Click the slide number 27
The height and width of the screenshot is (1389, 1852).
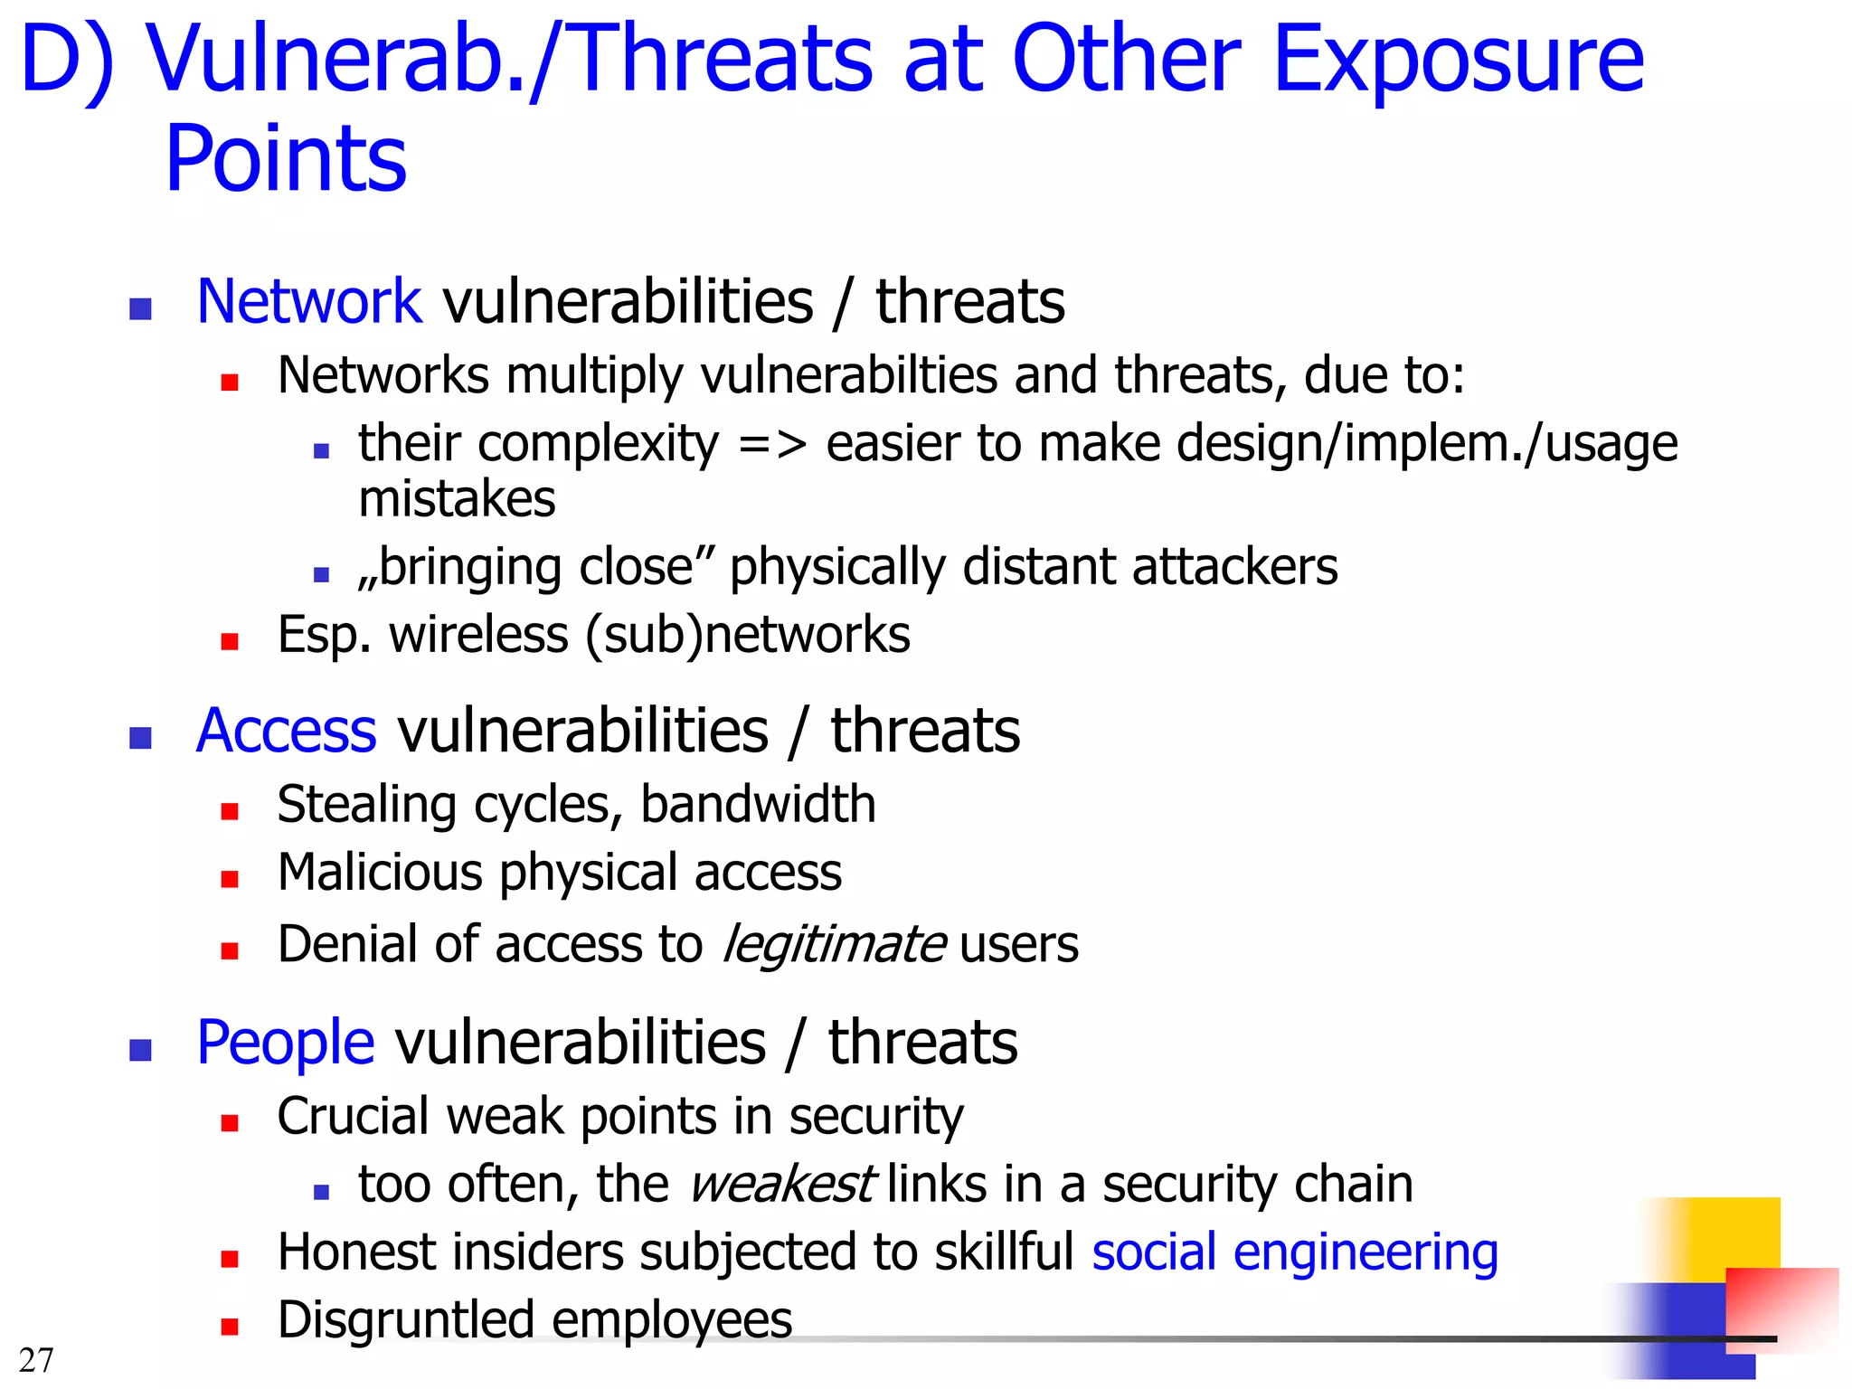[x=36, y=1359]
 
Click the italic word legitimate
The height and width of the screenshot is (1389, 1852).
[x=834, y=945]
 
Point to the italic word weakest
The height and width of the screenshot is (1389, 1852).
[x=781, y=1185]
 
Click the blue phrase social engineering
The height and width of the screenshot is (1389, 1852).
[x=1294, y=1252]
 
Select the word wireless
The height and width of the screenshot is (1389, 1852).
[x=478, y=635]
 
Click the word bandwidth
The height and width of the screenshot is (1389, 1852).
[x=758, y=804]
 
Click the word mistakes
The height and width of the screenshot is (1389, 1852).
[x=457, y=499]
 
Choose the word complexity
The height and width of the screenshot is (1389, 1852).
[x=598, y=443]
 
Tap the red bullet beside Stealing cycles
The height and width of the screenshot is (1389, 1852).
[x=230, y=810]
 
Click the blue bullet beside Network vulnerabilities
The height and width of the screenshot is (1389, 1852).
[x=140, y=309]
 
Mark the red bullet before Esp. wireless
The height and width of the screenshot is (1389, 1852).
[x=230, y=641]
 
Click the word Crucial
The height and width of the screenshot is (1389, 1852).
[x=353, y=1117]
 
